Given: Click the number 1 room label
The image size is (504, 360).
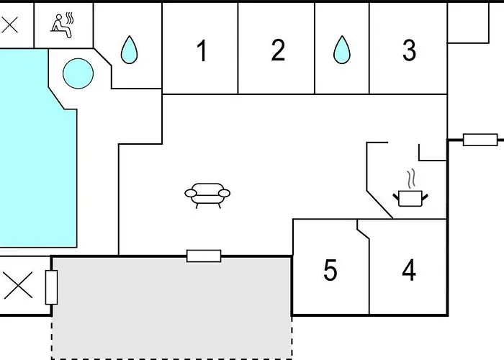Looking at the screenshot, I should [202, 51].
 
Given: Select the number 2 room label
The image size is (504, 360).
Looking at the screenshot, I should [278, 51].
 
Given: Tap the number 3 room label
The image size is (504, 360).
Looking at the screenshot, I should [409, 51].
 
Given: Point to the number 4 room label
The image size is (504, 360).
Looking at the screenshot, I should [409, 271].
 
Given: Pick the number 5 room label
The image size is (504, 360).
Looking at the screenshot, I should [330, 271].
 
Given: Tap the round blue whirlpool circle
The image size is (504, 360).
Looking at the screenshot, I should [77, 73].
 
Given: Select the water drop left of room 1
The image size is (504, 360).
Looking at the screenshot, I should [129, 50].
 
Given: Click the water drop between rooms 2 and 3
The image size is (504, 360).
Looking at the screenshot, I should [341, 50].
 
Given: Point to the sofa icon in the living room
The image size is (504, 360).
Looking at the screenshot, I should [207, 194].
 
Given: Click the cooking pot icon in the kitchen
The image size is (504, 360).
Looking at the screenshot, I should [409, 197].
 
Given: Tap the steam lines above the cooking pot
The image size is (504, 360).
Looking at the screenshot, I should [411, 178].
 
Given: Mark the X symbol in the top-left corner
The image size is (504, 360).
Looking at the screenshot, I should [10, 26].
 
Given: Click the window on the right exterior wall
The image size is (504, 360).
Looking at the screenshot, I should [480, 140].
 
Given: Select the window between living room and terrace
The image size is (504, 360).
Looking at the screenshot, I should [204, 256].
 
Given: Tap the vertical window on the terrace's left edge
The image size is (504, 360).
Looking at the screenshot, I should [51, 287].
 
